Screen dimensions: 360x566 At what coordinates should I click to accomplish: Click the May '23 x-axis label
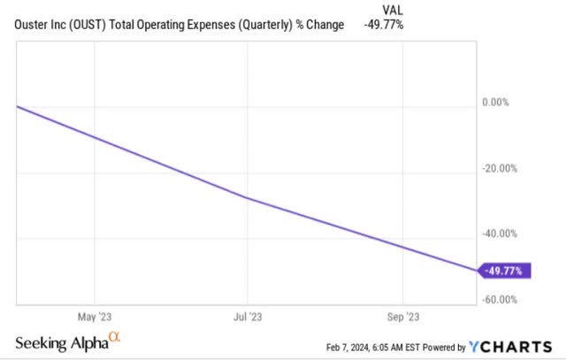pyautogui.click(x=93, y=316)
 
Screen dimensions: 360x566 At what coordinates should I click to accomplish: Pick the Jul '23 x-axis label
pyautogui.click(x=249, y=316)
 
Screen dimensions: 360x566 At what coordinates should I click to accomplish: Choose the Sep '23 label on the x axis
pyautogui.click(x=403, y=316)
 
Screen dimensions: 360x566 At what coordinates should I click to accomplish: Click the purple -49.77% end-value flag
pyautogui.click(x=505, y=272)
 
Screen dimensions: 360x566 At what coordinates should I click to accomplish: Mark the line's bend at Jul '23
pyautogui.click(x=249, y=198)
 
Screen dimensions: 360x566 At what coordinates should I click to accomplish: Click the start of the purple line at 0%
pyautogui.click(x=18, y=106)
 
